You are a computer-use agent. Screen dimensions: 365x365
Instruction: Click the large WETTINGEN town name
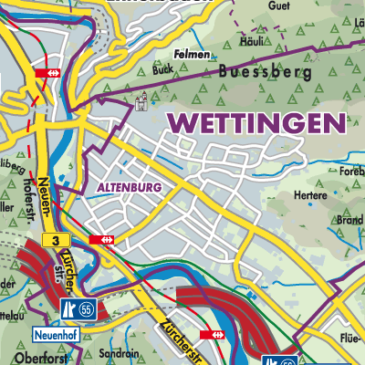[258, 122]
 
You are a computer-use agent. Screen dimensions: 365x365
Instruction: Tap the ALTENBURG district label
[128, 187]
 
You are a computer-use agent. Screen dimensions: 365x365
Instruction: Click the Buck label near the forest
[163, 68]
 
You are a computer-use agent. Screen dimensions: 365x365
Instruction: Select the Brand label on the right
[349, 220]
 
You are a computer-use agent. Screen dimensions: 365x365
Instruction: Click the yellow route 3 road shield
[56, 239]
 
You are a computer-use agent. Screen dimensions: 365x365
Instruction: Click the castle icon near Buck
[141, 103]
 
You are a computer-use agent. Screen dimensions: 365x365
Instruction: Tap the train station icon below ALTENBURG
[104, 239]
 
